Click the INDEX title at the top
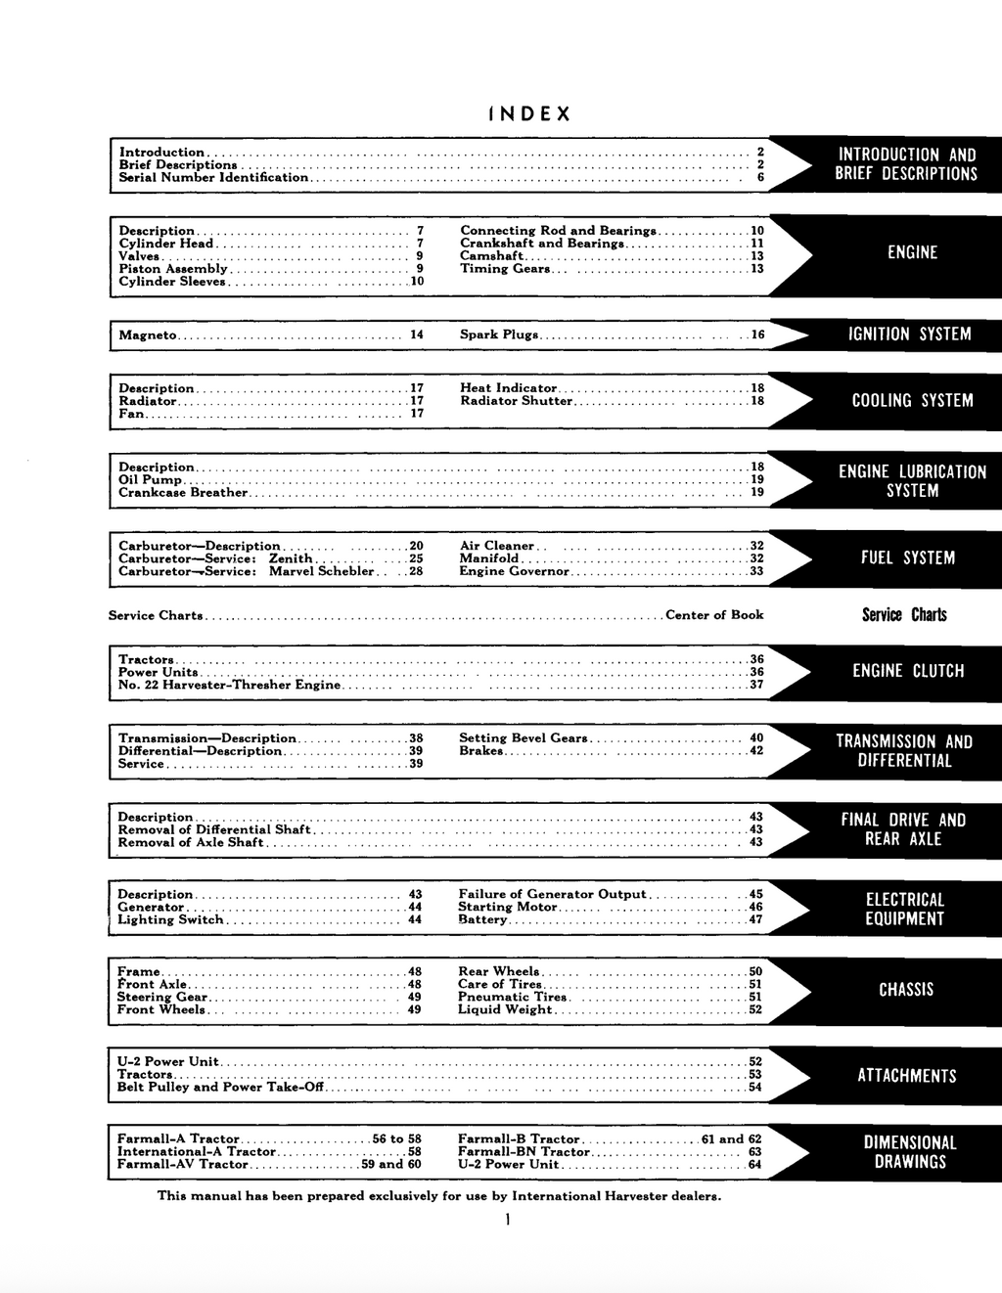(529, 114)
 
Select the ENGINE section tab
(912, 252)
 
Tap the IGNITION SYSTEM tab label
(909, 334)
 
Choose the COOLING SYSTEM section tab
(912, 401)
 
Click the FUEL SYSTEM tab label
(907, 557)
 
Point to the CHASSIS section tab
(906, 990)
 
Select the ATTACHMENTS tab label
(906, 1076)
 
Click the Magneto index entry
(148, 335)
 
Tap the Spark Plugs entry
(499, 334)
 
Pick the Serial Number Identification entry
(213, 178)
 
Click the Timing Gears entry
(505, 269)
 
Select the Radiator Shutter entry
(516, 401)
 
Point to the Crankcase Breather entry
(183, 493)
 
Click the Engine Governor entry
(514, 571)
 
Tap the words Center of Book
(713, 615)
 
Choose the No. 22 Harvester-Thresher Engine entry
(229, 686)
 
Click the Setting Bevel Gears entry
(523, 738)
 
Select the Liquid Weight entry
(505, 1010)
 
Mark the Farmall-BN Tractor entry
(524, 1152)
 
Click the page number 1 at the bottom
(508, 1220)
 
